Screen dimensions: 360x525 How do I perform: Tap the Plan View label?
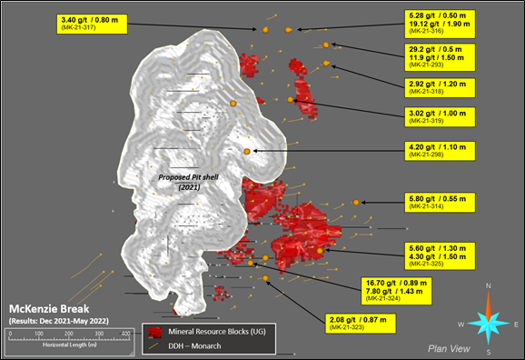click(x=448, y=347)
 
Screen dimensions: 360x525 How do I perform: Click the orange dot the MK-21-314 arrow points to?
click(x=356, y=202)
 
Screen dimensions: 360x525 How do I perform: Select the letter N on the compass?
click(x=489, y=288)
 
